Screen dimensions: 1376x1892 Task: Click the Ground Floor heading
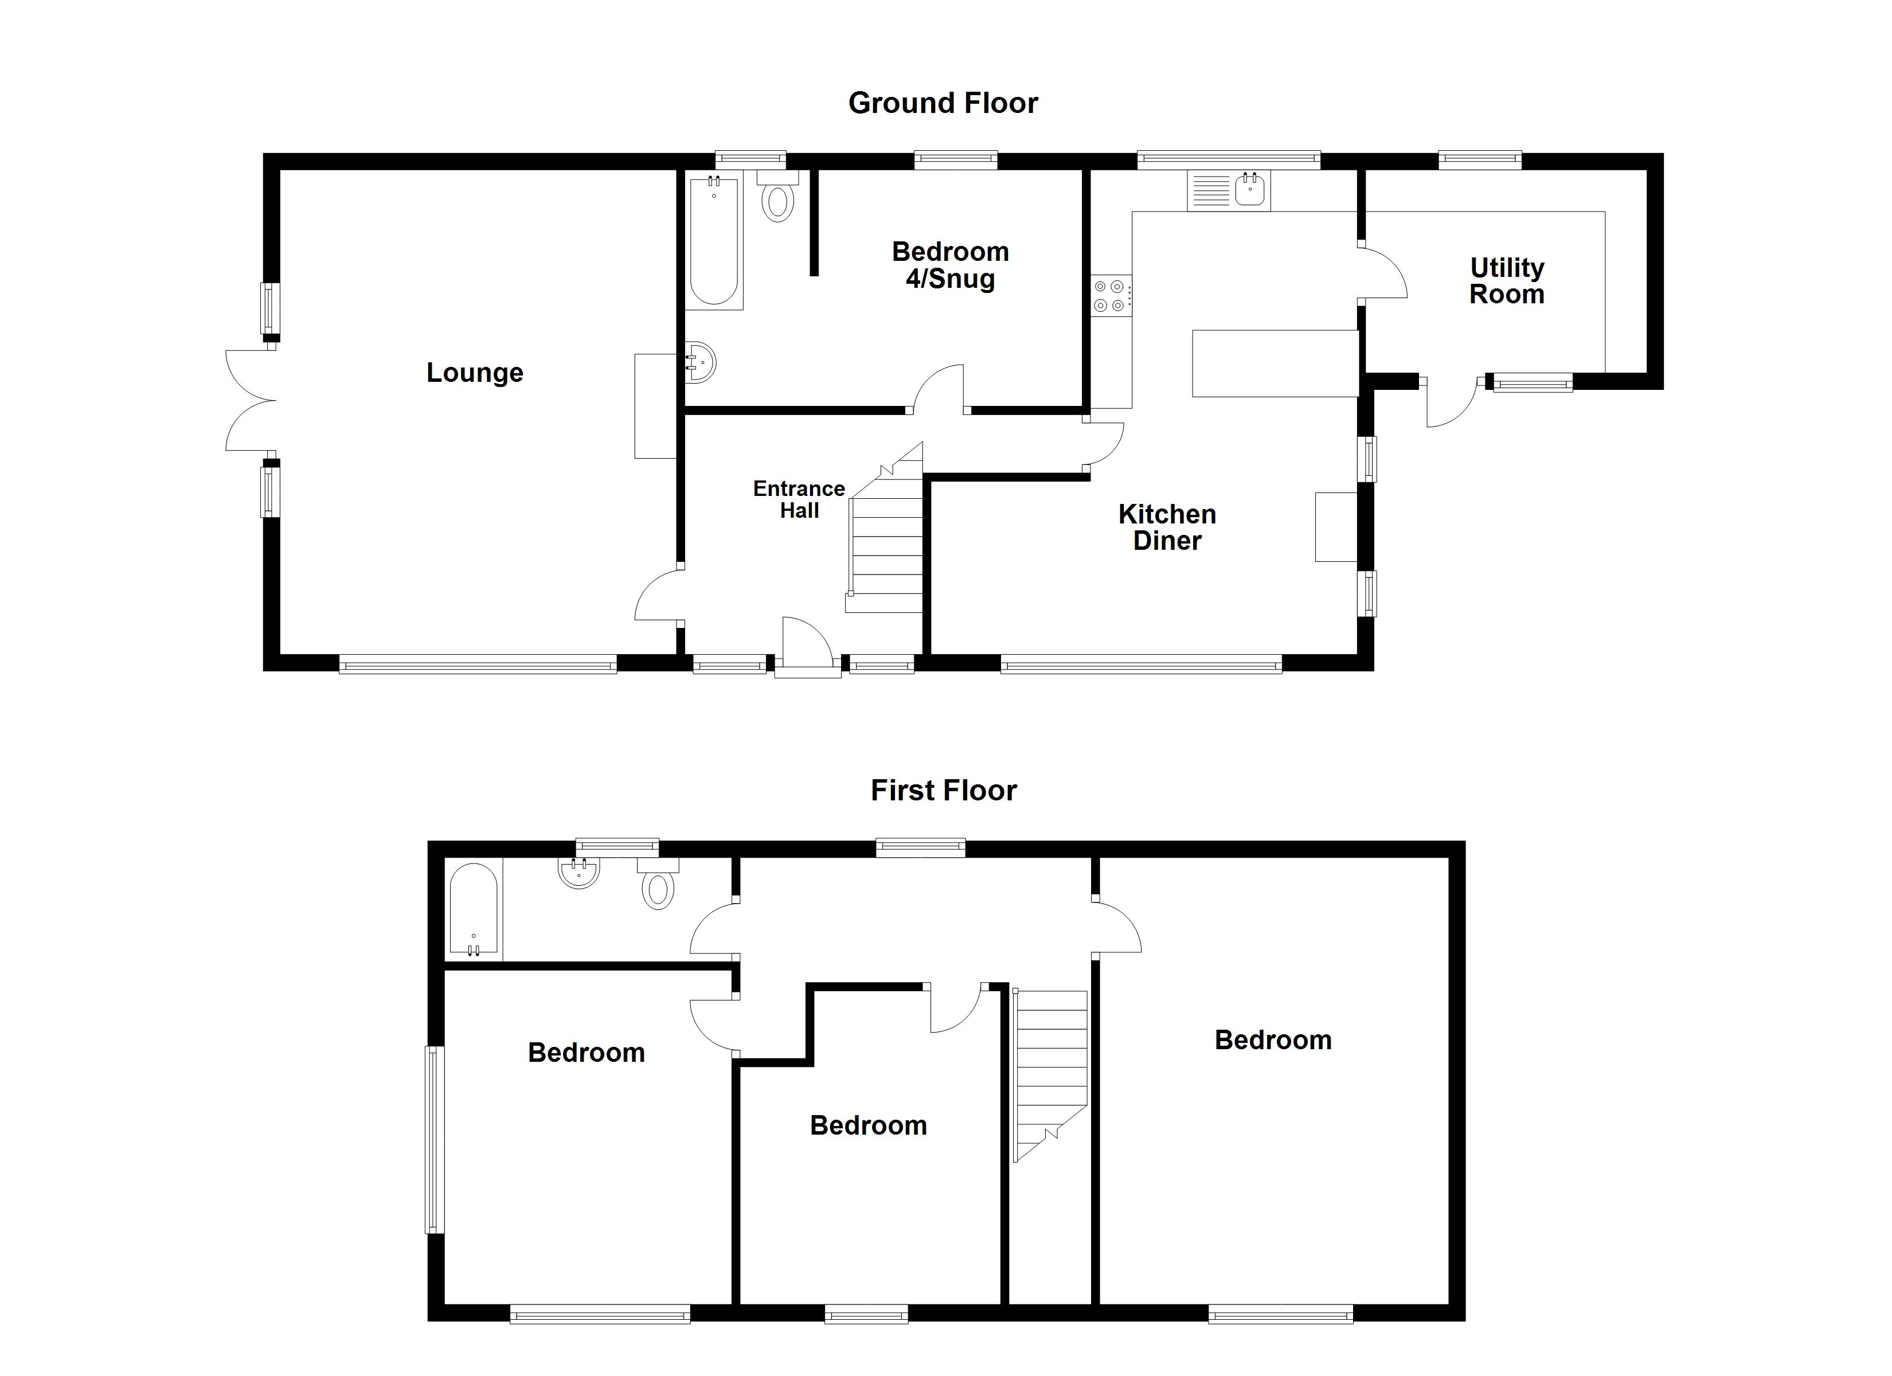point(943,103)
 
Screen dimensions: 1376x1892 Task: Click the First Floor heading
point(944,790)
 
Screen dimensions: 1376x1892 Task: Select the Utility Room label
point(1507,280)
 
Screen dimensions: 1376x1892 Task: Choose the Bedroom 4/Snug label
point(950,264)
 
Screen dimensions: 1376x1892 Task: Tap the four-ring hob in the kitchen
point(1111,295)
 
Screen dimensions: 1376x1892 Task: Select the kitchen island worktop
point(1274,363)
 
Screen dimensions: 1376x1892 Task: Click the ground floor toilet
point(777,198)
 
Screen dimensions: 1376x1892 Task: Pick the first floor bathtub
point(473,909)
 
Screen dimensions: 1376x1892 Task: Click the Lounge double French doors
point(249,401)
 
